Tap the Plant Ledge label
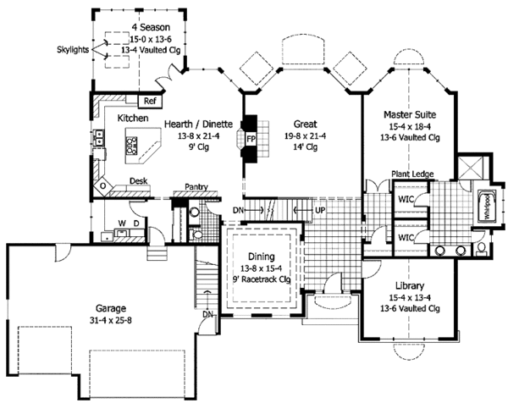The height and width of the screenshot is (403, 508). coord(412,174)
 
